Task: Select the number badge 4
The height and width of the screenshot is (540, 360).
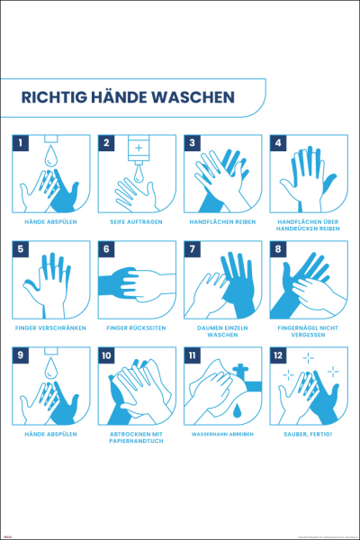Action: coord(279,143)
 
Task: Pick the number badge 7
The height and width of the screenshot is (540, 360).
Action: coord(193,249)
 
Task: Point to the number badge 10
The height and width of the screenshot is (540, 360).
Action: coord(107,355)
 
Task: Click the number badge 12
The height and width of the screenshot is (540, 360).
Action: coord(279,355)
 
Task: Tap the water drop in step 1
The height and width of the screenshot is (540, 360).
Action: coord(52,157)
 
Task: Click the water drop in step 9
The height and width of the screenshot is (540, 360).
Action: coord(52,370)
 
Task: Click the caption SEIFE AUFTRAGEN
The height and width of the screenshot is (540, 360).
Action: coord(136,220)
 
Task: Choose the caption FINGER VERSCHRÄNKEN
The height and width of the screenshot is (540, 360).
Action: coord(50,327)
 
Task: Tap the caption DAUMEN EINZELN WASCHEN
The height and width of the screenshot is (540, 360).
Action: coord(221,330)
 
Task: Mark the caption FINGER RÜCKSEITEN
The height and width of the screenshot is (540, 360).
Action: coord(136,327)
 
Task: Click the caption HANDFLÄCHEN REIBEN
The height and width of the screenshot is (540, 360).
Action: coord(221,220)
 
